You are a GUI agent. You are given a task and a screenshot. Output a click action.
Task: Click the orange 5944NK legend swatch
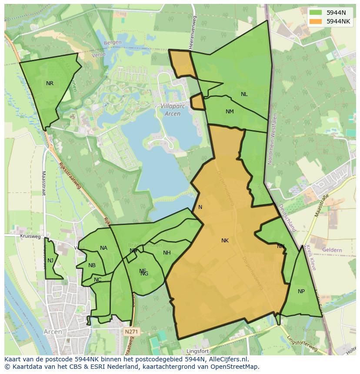[x=316, y=21]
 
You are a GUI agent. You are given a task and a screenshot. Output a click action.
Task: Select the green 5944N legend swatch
[x=316, y=13]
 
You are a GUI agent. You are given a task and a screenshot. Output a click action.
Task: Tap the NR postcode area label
[x=50, y=83]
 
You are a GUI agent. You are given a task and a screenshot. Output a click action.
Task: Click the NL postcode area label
[x=244, y=94]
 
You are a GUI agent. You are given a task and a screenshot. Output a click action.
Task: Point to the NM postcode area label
[x=230, y=112]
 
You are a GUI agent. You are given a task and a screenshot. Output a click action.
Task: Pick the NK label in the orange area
[x=225, y=241]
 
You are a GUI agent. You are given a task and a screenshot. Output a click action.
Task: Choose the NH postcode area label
[x=167, y=253]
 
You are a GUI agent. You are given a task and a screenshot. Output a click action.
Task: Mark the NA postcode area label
[x=103, y=248]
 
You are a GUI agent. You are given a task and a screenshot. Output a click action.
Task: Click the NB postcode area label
[x=92, y=265]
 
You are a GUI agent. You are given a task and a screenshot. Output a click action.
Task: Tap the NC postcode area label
[x=97, y=280]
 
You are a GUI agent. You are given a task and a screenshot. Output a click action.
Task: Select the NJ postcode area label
[x=50, y=261]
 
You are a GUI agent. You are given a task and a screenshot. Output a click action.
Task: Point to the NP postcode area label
[x=301, y=291]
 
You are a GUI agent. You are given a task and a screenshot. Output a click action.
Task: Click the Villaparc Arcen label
[x=173, y=109]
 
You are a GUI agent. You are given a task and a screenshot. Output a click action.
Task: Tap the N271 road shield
[x=130, y=332]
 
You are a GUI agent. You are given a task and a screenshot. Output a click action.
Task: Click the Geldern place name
[x=333, y=251]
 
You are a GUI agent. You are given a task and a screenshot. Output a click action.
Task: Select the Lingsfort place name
[x=198, y=351]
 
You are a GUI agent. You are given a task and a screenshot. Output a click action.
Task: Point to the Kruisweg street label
[x=30, y=237]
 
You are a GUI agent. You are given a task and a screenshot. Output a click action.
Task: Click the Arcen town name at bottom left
[x=53, y=332]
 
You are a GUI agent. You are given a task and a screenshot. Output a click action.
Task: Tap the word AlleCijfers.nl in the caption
[x=226, y=359]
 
